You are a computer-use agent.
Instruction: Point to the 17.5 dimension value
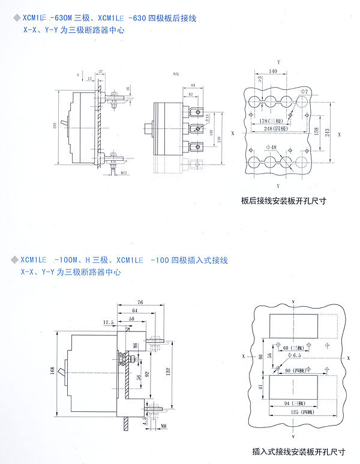tap(108, 322)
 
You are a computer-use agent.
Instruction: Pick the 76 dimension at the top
tap(139, 301)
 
